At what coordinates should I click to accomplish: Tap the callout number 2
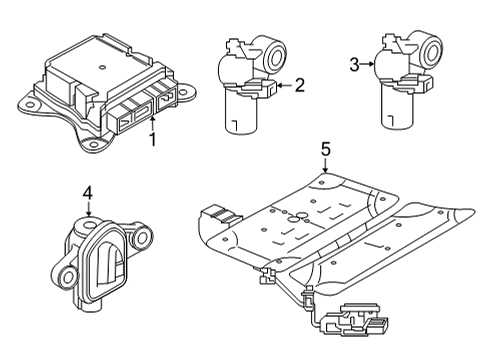tap(298, 86)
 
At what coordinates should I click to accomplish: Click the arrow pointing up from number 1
tap(153, 122)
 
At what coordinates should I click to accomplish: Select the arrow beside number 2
tap(281, 86)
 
